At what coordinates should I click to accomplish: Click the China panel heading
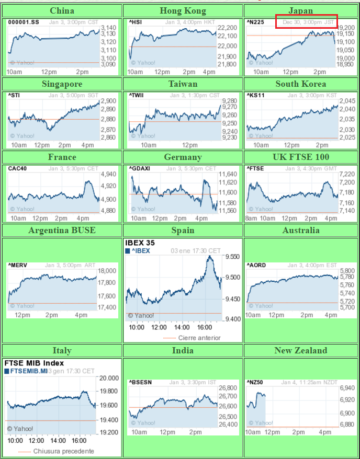click(x=62, y=10)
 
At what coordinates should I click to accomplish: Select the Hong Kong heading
click(x=183, y=10)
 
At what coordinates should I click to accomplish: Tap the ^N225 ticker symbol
click(x=255, y=22)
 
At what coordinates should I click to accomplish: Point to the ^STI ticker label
click(x=14, y=95)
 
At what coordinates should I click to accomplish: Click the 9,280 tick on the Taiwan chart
click(x=229, y=100)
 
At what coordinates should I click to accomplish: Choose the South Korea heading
click(x=301, y=84)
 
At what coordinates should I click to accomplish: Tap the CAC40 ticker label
click(x=17, y=168)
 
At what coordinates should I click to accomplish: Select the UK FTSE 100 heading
click(x=301, y=157)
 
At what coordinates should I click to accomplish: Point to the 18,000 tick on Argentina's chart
click(x=107, y=271)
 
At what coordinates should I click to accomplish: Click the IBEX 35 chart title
click(x=140, y=243)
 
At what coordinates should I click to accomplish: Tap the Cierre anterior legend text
click(x=199, y=338)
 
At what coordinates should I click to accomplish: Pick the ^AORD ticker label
click(x=256, y=265)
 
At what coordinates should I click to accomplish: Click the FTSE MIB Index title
click(x=34, y=363)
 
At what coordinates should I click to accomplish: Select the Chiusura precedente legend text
click(x=63, y=451)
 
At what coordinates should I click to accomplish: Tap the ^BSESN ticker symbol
click(x=140, y=382)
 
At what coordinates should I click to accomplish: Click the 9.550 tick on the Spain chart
click(x=232, y=257)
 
